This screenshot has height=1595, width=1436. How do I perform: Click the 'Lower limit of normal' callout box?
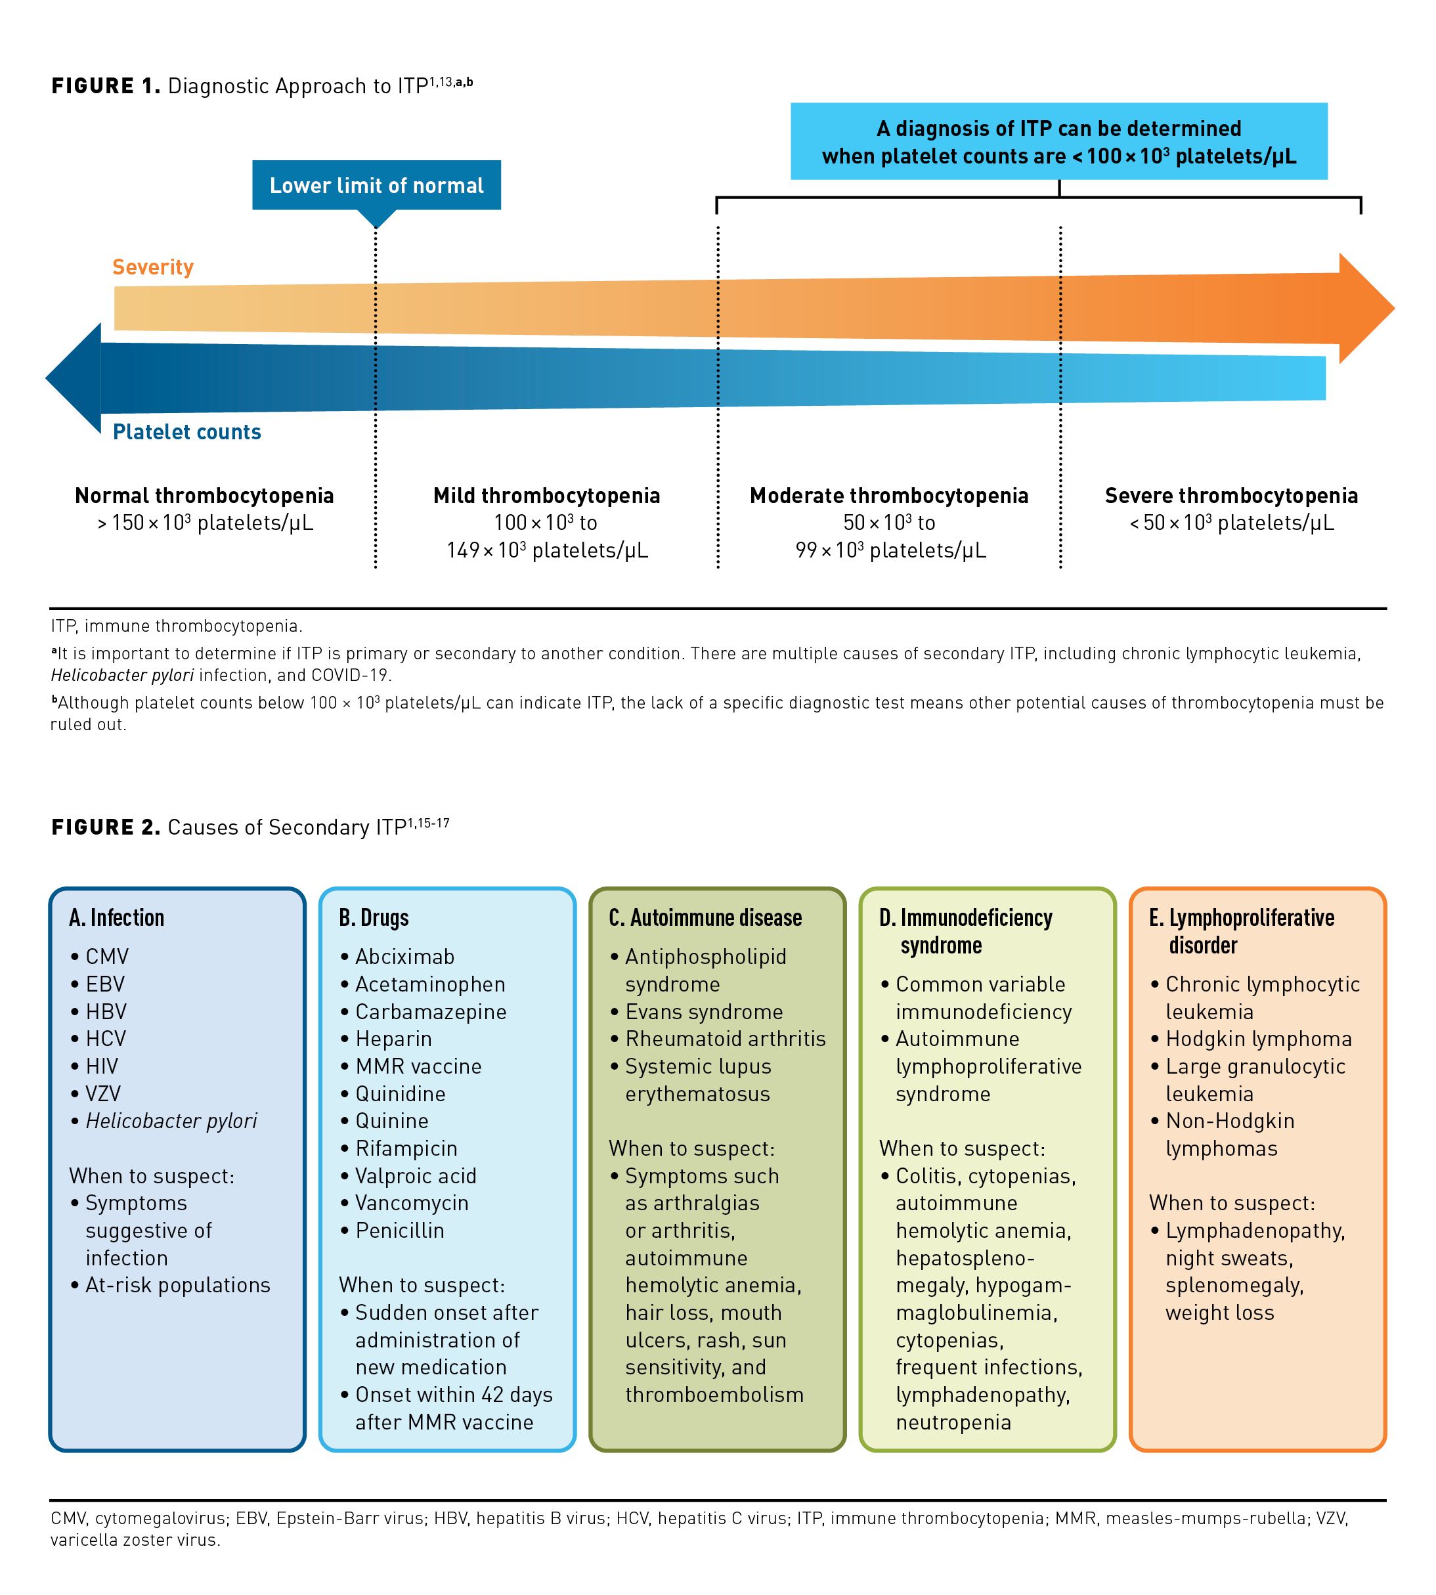pos(376,185)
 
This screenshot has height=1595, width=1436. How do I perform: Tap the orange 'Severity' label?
pos(153,267)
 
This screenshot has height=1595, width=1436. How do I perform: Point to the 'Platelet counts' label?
pos(187,431)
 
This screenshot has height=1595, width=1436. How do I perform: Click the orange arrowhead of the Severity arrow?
pos(1365,308)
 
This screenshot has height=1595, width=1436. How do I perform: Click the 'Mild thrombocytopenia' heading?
pos(547,496)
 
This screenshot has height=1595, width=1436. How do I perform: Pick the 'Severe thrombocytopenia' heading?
pos(1231,496)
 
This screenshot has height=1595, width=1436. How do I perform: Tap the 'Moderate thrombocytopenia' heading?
pos(889,496)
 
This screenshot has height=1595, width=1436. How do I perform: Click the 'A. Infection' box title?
pos(117,917)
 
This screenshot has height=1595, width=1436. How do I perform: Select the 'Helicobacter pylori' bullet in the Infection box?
pos(171,1121)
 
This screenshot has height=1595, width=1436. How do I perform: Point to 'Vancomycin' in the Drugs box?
pos(412,1203)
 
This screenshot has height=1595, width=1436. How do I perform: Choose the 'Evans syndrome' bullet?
pos(704,1012)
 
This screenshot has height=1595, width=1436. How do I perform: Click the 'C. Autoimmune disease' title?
pos(705,917)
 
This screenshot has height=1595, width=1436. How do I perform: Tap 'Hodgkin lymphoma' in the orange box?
pos(1259,1039)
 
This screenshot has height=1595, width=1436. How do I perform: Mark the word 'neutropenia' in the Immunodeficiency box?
pos(953,1422)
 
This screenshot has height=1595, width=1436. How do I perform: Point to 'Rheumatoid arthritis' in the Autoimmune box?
pos(725,1039)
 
